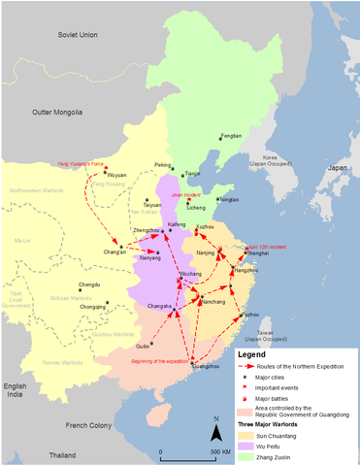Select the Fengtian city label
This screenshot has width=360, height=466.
[231, 137]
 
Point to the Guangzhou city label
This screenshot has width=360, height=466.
[206, 367]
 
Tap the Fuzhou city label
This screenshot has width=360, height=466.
[250, 315]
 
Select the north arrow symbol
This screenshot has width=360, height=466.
[214, 427]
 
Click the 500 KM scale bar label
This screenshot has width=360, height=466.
[215, 453]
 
